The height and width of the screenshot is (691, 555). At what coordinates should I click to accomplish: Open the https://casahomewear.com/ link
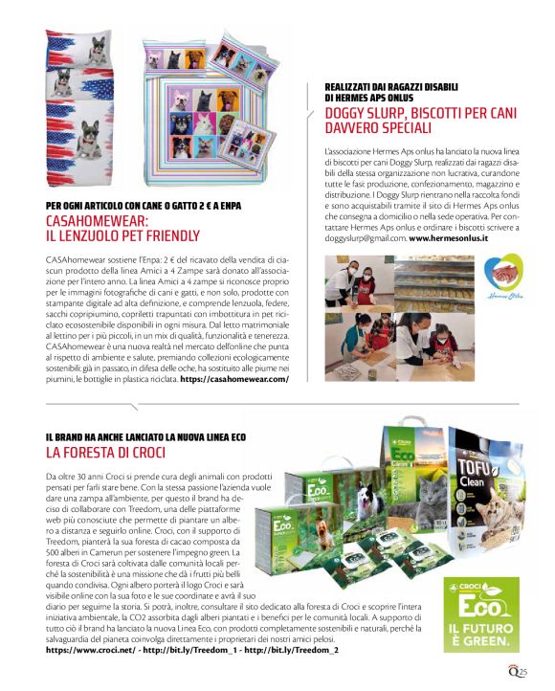point(233,378)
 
